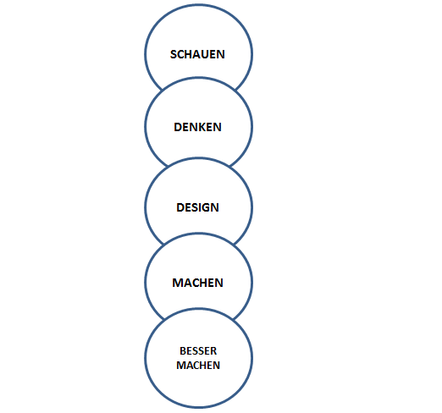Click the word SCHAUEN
[197, 54]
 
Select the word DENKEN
[197, 127]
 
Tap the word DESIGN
[197, 207]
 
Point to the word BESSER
[198, 351]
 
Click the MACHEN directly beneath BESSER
[198, 366]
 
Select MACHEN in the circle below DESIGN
[197, 283]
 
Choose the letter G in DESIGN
[206, 207]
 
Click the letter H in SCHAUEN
[188, 54]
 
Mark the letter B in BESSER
[183, 351]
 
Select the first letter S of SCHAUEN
[173, 54]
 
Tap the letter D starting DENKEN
[178, 127]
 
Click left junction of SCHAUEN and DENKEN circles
[162, 90]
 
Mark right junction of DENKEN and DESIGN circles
[230, 167]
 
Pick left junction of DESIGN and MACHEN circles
[164, 245]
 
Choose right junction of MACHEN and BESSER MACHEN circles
[233, 320]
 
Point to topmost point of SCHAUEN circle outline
[198, 5]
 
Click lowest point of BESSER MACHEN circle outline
[198, 407]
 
